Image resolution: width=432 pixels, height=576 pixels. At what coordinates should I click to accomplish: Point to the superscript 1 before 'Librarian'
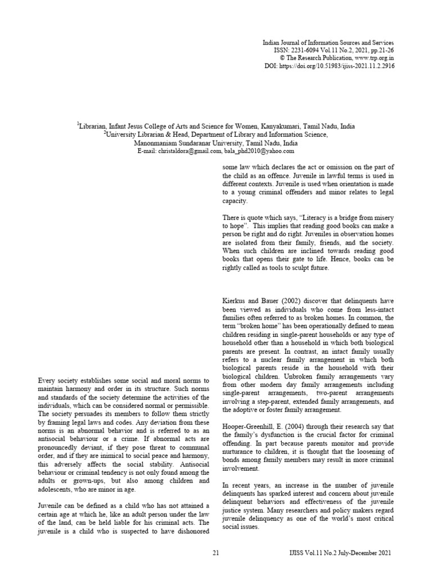78,125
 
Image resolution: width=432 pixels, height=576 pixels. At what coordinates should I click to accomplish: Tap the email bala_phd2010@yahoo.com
261,151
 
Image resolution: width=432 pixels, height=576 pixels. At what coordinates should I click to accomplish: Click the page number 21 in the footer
216,553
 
